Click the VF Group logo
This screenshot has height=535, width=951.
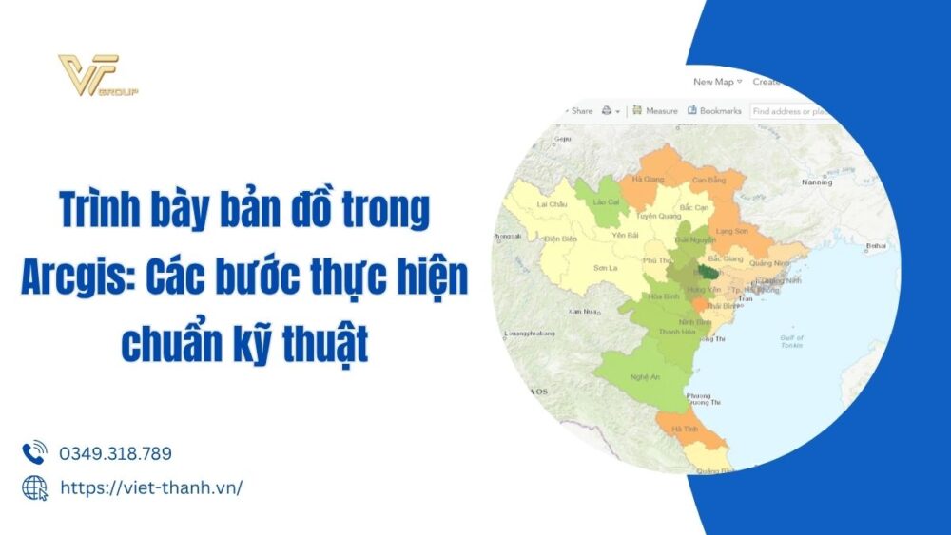point(98,77)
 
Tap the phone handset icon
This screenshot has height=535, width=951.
point(34,452)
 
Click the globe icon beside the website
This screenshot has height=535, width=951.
point(34,487)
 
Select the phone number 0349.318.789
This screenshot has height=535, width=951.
point(115,453)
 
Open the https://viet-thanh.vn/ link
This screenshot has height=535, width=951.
point(151,487)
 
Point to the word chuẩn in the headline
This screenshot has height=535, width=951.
point(169,345)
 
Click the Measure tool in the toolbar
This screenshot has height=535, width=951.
point(655,111)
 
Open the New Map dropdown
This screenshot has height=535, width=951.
point(717,82)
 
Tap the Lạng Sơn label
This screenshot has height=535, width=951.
point(732,231)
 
